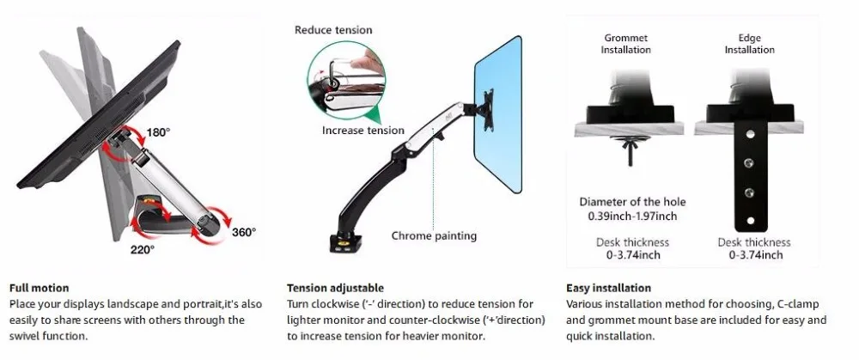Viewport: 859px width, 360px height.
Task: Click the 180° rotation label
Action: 158,132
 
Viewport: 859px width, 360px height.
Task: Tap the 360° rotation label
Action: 243,232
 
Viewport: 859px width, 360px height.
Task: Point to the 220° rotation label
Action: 142,250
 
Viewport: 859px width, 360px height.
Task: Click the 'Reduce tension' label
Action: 333,30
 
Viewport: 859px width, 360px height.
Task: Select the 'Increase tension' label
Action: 363,131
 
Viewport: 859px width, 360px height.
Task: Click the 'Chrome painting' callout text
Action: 434,236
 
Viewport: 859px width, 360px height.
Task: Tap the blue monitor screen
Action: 498,114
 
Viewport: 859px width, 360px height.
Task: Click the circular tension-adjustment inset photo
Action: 346,80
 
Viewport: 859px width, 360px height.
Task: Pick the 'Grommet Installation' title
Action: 625,44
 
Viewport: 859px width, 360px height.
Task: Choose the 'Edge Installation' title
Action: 749,44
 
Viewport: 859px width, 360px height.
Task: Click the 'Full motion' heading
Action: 40,288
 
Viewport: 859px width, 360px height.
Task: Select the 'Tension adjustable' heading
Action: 335,288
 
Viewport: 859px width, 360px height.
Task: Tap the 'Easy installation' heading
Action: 609,288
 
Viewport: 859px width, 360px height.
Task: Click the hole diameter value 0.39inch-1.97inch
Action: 632,217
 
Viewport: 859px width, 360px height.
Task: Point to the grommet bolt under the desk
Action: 629,150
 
